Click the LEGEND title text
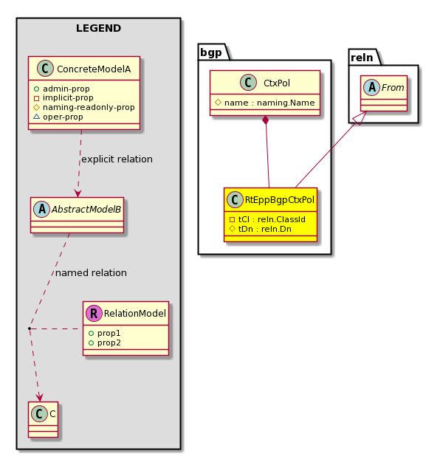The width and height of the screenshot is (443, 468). pyautogui.click(x=98, y=28)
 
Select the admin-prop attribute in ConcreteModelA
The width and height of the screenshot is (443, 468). pyautogui.click(x=66, y=89)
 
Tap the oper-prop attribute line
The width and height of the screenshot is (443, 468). pyautogui.click(x=63, y=117)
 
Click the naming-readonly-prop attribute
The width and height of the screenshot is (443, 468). pyautogui.click(x=89, y=107)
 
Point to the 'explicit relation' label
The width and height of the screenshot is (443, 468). pyautogui.click(x=117, y=159)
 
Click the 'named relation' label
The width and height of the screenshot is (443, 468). pyautogui.click(x=91, y=273)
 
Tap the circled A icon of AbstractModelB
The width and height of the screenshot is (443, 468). pyautogui.click(x=42, y=209)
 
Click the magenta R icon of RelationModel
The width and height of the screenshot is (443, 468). pyautogui.click(x=94, y=314)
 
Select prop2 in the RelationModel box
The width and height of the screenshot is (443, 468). pyautogui.click(x=109, y=343)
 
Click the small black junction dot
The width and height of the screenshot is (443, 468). pyautogui.click(x=30, y=328)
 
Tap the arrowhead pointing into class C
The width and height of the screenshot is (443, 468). pyautogui.click(x=39, y=398)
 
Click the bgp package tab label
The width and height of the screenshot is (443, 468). pyautogui.click(x=211, y=52)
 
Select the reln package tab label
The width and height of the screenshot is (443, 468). pyautogui.click(x=362, y=58)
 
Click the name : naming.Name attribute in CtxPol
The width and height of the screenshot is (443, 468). pyautogui.click(x=269, y=103)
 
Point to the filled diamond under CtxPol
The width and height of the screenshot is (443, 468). pyautogui.click(x=265, y=120)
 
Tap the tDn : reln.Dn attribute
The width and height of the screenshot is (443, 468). pyautogui.click(x=265, y=229)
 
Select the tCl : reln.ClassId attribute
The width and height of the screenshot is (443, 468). pyautogui.click(x=272, y=219)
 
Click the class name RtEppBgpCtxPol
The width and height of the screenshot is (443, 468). pyautogui.click(x=280, y=200)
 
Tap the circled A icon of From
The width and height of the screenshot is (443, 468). pyautogui.click(x=372, y=87)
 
